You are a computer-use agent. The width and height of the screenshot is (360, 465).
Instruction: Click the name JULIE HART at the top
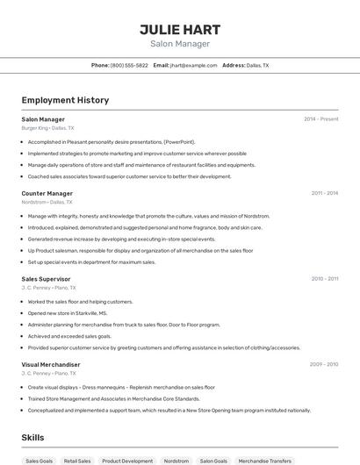180,29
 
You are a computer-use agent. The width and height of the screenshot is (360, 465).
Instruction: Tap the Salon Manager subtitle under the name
180,43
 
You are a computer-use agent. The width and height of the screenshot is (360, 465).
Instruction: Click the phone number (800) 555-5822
128,65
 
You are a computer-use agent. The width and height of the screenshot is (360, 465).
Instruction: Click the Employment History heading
65,100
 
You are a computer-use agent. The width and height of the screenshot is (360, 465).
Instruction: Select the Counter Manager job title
47,193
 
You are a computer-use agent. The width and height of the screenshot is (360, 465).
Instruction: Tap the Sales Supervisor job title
46,279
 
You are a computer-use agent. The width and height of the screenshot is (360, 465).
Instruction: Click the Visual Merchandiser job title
50,364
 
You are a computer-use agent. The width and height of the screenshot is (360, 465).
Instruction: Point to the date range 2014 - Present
320,118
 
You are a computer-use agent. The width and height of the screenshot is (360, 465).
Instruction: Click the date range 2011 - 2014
324,193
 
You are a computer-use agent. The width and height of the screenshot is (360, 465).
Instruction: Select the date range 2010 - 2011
324,279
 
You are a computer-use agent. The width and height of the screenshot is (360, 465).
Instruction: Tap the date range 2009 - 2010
323,364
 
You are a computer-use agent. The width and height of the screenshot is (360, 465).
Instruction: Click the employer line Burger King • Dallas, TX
47,128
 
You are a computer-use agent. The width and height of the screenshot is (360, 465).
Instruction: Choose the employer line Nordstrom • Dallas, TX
47,202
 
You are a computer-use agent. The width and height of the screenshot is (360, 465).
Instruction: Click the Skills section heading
32,437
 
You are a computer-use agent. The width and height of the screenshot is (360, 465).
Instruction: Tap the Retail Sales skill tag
77,461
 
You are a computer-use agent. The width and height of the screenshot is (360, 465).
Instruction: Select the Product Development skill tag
127,461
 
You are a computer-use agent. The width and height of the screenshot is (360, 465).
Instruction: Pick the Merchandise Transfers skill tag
264,461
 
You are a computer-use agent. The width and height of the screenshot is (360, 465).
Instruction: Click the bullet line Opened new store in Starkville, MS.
68,313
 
